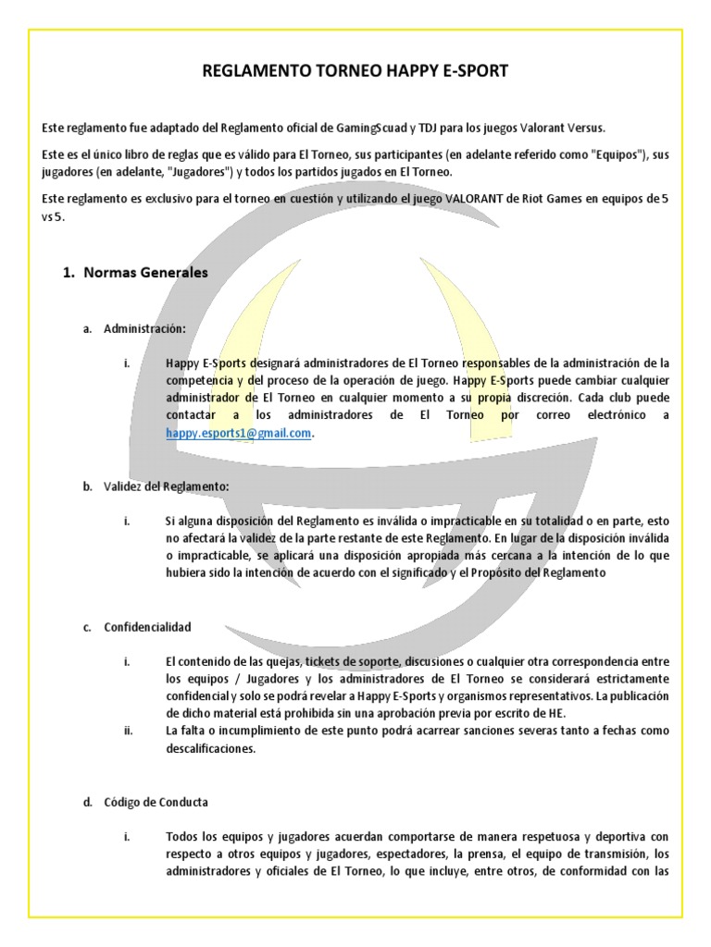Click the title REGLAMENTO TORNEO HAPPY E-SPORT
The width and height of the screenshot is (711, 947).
pyautogui.click(x=355, y=71)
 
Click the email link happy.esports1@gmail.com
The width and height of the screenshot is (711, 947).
pyautogui.click(x=238, y=432)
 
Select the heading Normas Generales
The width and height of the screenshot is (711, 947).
pyautogui.click(x=145, y=273)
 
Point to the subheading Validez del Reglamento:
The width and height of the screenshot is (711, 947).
pyautogui.click(x=167, y=486)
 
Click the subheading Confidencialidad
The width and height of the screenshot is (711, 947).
pyautogui.click(x=147, y=626)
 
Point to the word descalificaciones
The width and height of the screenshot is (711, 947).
pyautogui.click(x=210, y=749)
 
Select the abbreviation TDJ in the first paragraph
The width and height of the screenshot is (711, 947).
pyautogui.click(x=433, y=128)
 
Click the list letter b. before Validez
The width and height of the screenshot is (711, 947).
pyautogui.click(x=87, y=486)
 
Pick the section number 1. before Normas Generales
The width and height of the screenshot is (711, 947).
pyautogui.click(x=68, y=273)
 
